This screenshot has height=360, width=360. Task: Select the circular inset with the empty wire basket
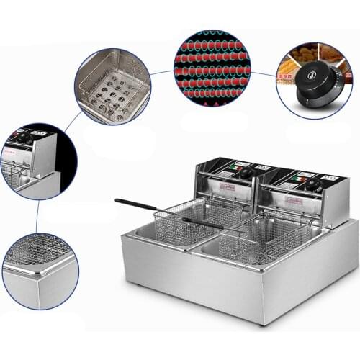[112, 86]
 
